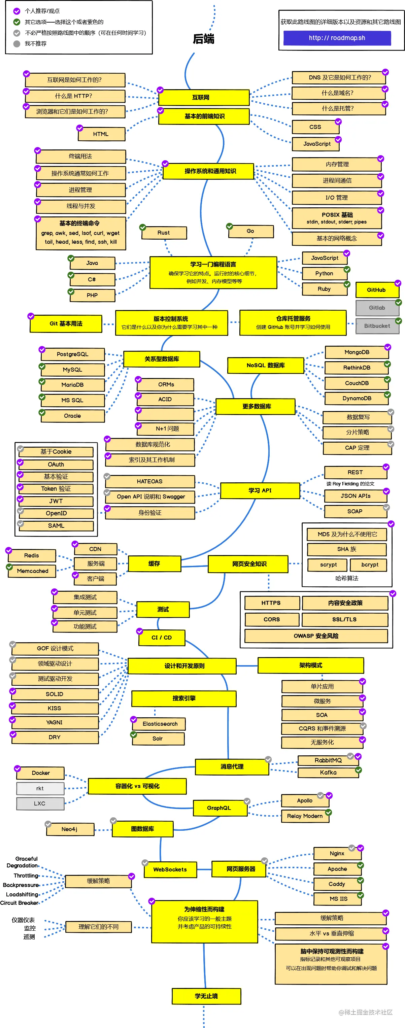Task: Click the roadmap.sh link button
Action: [337, 38]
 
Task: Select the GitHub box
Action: [377, 290]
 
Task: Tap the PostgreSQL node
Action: [73, 354]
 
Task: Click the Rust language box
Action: [164, 233]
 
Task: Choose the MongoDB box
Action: [357, 352]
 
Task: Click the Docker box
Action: [41, 773]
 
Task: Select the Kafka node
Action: [328, 773]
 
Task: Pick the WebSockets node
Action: [170, 869]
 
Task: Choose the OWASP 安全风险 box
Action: [316, 636]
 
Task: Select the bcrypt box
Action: [370, 565]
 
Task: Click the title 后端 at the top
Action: [203, 39]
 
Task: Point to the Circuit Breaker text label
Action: [19, 903]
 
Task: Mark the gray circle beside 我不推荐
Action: [17, 43]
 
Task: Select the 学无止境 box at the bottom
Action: [206, 996]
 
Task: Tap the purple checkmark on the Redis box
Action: [9, 551]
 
